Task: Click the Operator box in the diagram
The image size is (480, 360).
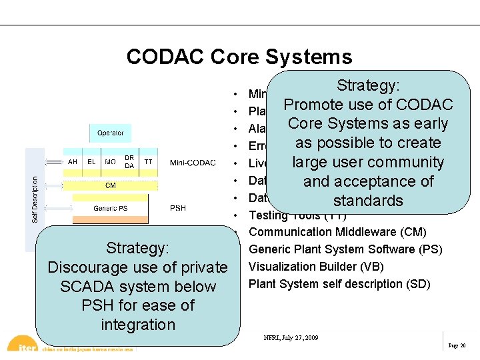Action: [110, 133]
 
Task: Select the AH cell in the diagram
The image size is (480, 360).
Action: [73, 162]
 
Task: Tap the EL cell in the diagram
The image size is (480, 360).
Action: [91, 162]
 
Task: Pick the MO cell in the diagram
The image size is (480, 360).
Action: [110, 162]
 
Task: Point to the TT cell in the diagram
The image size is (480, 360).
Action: [148, 162]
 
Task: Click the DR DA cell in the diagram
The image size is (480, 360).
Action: [129, 162]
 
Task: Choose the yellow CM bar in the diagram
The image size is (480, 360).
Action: [110, 186]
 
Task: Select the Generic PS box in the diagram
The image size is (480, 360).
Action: [110, 209]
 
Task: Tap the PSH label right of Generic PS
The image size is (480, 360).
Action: [178, 209]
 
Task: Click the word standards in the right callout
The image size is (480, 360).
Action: [368, 201]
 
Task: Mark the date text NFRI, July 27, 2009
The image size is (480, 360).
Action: [291, 338]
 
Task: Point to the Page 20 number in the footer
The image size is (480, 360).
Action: [457, 346]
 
